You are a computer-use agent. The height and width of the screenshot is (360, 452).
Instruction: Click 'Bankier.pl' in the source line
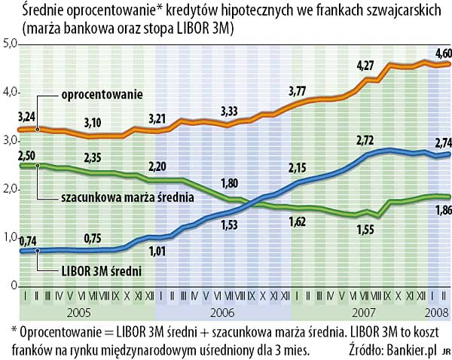coord(411,349)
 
